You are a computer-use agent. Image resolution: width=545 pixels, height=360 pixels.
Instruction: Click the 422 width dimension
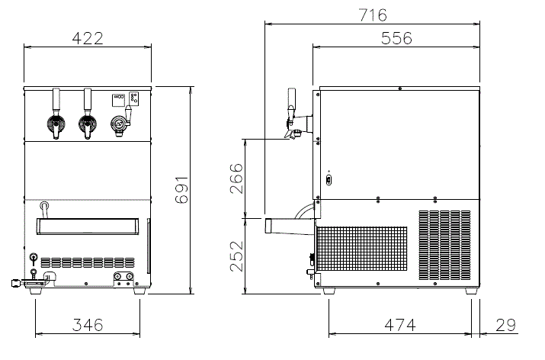pos(88,38)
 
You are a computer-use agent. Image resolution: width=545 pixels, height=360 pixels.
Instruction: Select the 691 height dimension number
pos(181,190)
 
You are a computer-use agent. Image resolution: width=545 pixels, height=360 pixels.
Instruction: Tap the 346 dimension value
pos(88,325)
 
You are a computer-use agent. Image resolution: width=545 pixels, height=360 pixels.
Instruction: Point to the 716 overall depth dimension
pos(373,15)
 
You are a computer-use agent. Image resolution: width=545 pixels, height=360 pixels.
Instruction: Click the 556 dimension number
pos(396,38)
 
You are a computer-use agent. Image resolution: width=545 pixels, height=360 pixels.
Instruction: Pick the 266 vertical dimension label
pos(236,178)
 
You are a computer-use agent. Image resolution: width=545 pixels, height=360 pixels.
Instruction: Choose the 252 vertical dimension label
pos(236,256)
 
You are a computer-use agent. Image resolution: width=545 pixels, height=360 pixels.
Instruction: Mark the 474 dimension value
pos(400,325)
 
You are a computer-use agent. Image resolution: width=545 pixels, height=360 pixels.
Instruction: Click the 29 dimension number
pos(505,325)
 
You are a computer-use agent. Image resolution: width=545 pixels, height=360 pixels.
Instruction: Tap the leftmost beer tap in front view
pos(56,114)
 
